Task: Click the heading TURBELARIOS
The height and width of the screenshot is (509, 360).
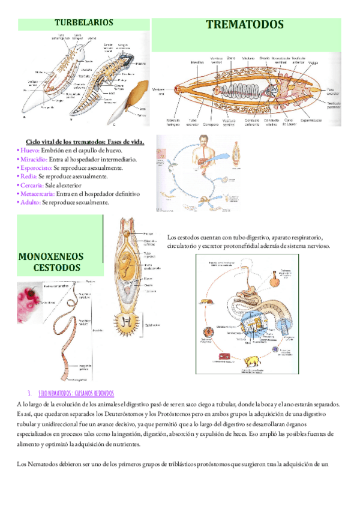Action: pos(84,23)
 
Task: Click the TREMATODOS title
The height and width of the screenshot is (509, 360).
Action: pos(244,25)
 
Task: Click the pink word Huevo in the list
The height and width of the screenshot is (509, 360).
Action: pos(30,151)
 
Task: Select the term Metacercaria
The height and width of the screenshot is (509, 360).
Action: pos(38,194)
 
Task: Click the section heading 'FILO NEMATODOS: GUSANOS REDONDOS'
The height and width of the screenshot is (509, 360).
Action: pos(76,394)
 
